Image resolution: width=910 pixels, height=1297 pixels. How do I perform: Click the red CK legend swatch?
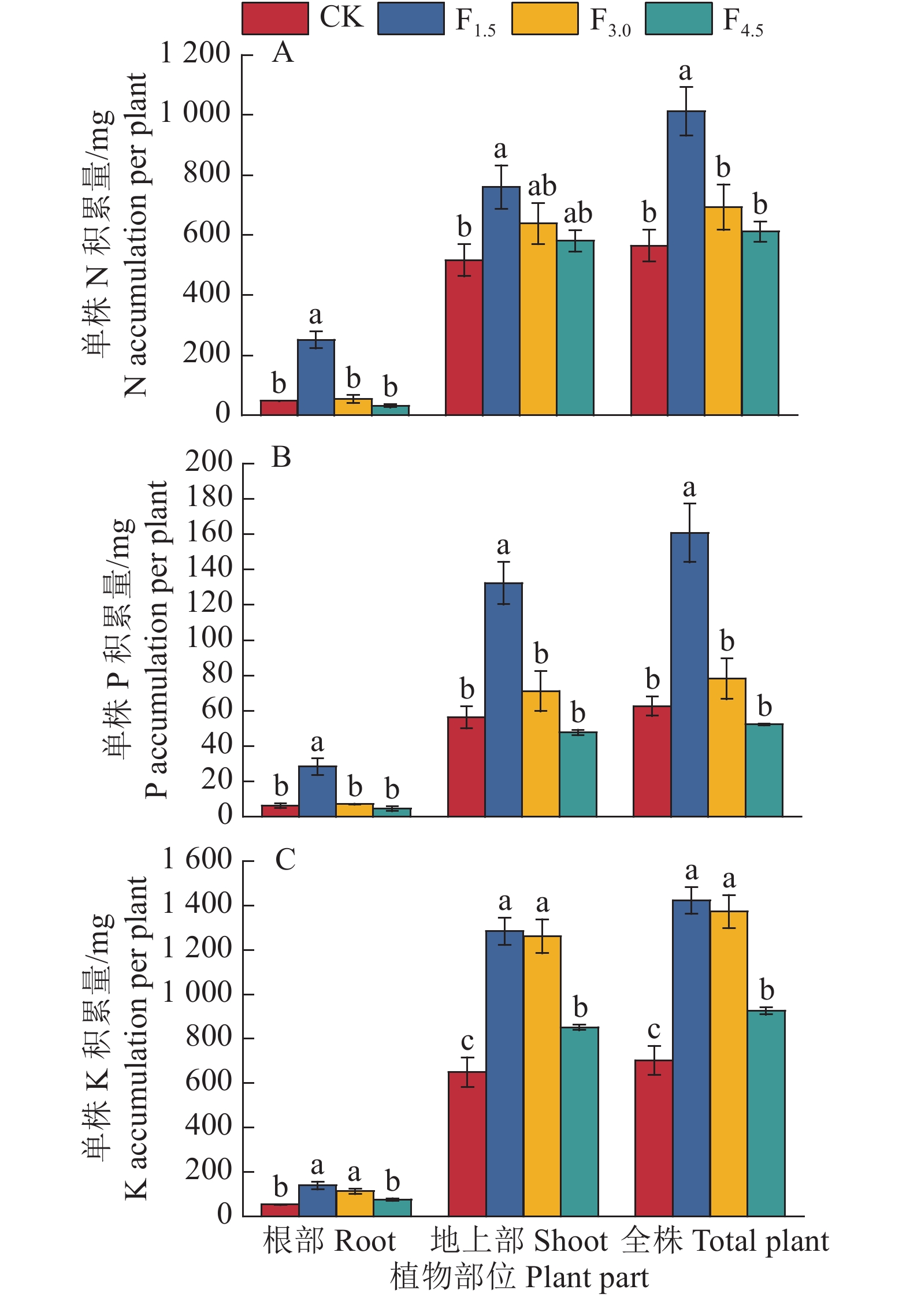coord(275,18)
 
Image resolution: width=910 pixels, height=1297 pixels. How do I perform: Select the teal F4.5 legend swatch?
coord(678,18)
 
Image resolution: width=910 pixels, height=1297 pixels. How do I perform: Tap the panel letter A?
coord(283,53)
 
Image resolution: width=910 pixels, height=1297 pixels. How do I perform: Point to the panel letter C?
coord(285,859)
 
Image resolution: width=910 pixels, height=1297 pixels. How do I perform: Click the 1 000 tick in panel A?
coord(195,113)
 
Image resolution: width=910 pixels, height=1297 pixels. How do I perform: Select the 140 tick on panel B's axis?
coord(209,568)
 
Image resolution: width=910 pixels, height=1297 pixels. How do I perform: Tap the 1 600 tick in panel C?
coord(197,859)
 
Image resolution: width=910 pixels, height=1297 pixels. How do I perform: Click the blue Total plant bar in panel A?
coord(686,263)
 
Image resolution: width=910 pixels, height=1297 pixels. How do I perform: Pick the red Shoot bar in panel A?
coord(464,337)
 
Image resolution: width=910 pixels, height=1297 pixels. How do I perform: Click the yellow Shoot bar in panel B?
coord(541,753)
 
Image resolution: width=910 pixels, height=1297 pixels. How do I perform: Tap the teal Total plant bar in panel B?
coord(764,770)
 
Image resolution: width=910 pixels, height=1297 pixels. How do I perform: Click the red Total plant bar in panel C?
coord(653,1138)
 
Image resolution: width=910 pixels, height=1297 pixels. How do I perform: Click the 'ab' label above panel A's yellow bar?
coord(542,187)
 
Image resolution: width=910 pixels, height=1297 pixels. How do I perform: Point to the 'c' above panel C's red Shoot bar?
coord(467,1041)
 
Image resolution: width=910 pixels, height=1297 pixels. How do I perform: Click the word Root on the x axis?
coord(365,1241)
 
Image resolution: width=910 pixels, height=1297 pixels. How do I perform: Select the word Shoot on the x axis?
coord(571,1241)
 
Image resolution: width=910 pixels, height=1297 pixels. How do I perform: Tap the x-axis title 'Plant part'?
coord(587,1277)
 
